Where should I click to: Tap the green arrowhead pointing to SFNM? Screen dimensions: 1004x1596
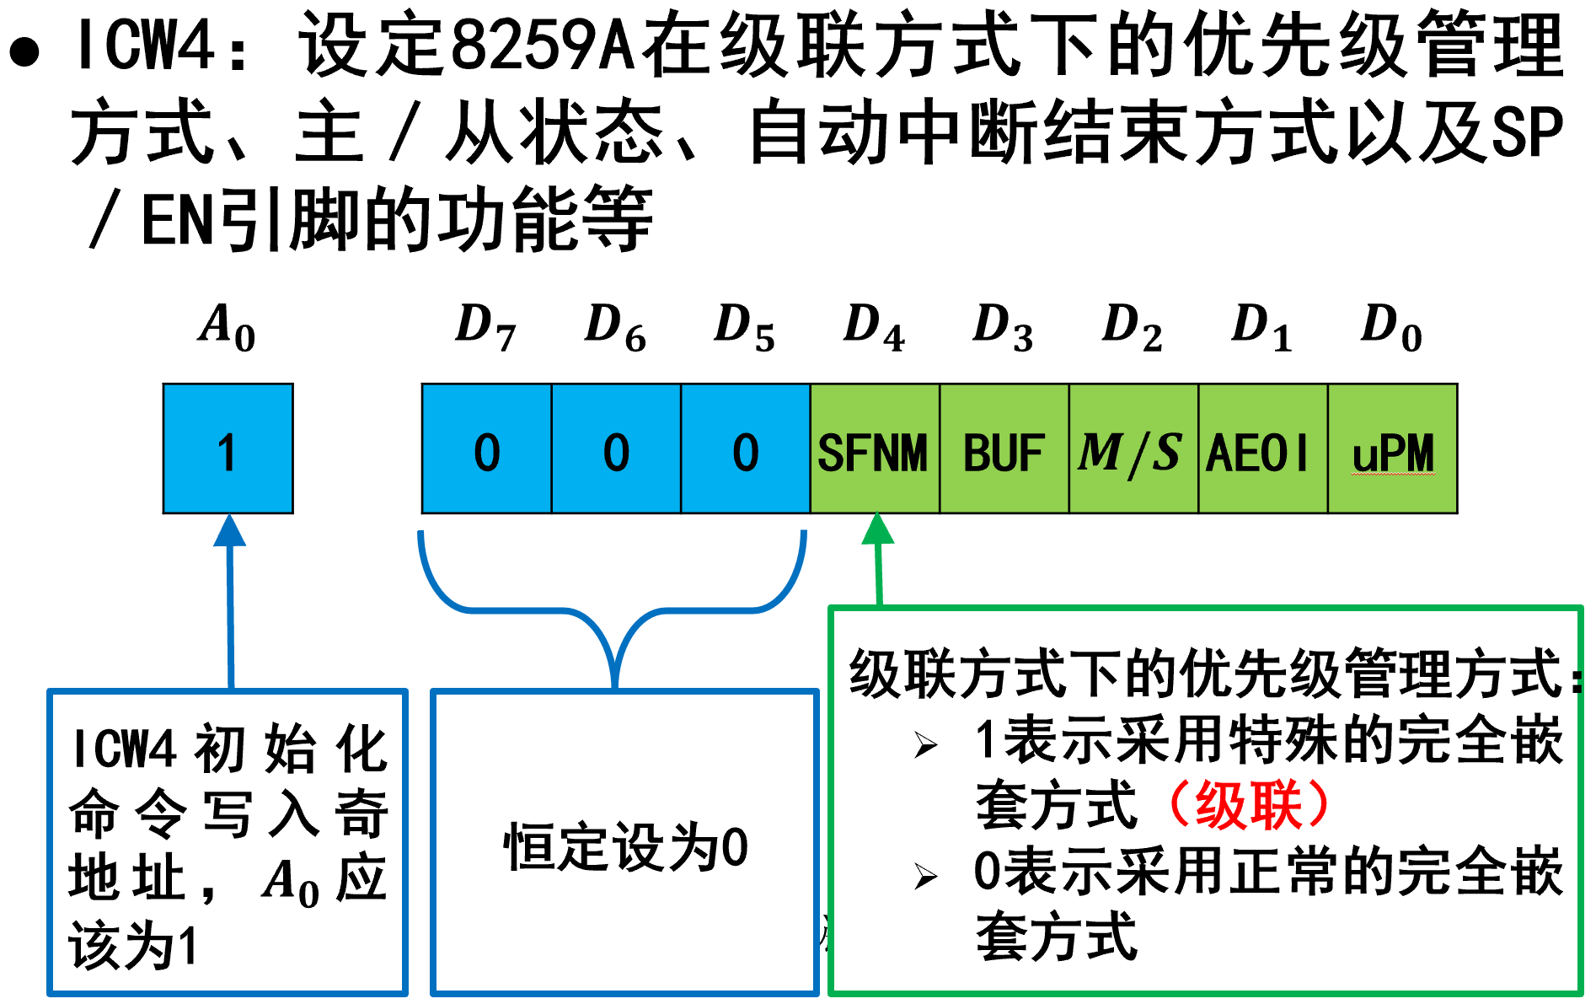[x=877, y=529]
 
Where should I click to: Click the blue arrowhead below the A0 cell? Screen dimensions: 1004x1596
[x=229, y=531]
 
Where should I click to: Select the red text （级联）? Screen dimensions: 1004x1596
[x=1248, y=805]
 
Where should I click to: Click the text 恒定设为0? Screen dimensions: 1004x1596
[x=625, y=847]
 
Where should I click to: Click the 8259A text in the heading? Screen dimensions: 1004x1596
[x=542, y=46]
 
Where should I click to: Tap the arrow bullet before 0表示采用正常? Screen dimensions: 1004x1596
[x=925, y=877]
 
